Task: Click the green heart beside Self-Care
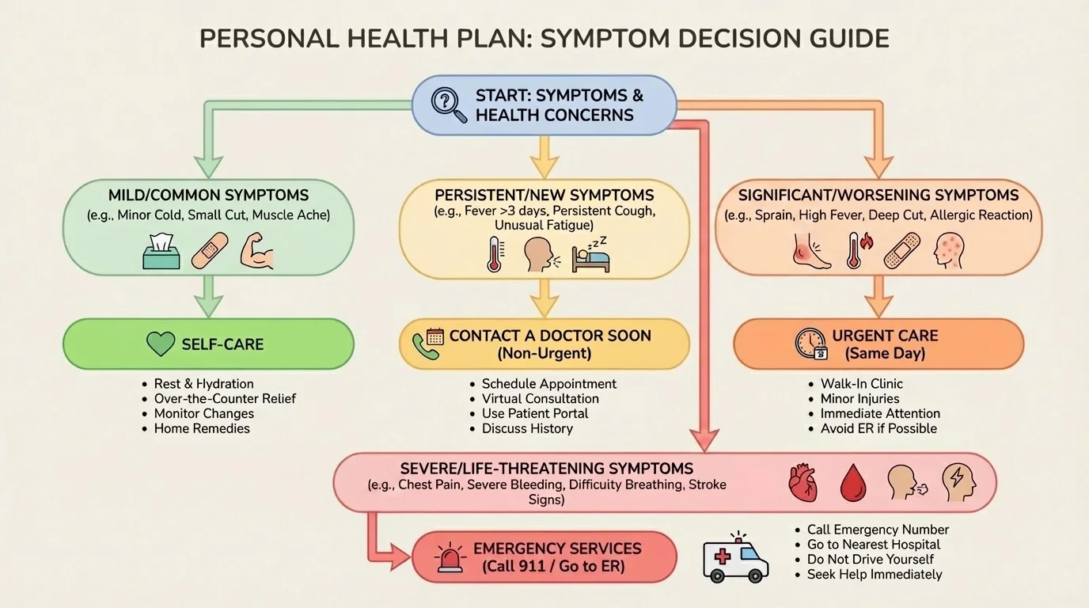point(161,344)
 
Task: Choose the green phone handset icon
point(425,347)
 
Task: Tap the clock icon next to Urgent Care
point(810,343)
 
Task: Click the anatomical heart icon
point(807,481)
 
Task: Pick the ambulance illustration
point(735,557)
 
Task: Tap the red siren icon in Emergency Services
point(449,557)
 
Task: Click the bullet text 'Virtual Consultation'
point(540,398)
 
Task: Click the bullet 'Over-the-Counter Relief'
point(225,398)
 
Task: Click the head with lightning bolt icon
point(958,481)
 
